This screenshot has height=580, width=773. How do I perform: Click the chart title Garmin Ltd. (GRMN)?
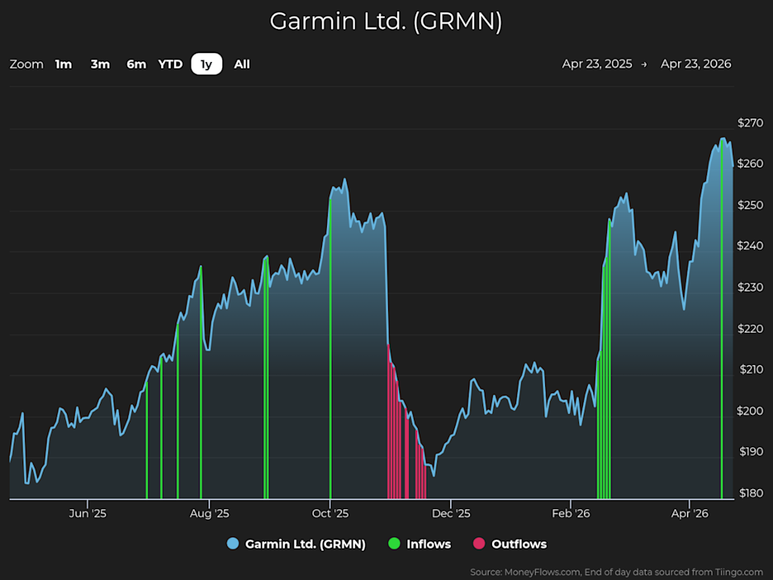(386, 22)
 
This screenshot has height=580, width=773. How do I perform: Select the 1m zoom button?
(64, 64)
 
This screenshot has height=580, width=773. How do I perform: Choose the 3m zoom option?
(100, 64)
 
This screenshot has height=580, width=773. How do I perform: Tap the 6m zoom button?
(136, 64)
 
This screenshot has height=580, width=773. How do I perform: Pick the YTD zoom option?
(170, 64)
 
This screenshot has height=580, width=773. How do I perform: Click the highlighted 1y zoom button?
(207, 64)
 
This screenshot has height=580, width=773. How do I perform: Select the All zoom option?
(242, 64)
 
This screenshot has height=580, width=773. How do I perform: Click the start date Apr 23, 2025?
(597, 64)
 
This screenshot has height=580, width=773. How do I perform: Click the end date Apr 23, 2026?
(696, 64)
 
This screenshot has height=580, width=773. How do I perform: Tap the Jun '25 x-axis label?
(88, 513)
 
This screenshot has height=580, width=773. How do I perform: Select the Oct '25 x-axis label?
(330, 513)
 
